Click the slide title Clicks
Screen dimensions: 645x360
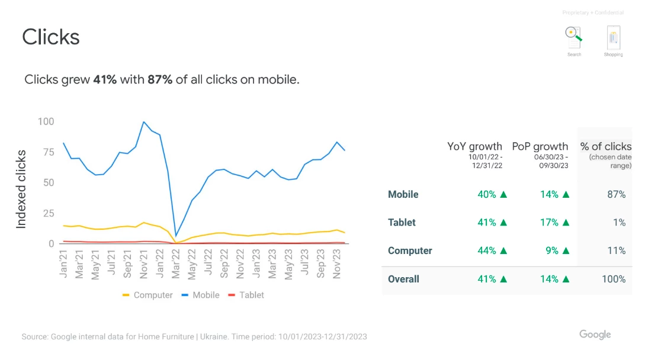[50, 37]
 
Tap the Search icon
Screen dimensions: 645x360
[574, 37]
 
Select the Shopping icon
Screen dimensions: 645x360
[614, 37]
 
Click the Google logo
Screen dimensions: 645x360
[595, 335]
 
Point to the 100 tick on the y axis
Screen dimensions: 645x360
[46, 121]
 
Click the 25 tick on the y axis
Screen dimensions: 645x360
[49, 213]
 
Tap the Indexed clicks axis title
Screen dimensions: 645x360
[21, 189]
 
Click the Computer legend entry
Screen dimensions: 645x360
[147, 295]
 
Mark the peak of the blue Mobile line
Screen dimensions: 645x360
[143, 122]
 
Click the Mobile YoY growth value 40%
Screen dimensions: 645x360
[487, 194]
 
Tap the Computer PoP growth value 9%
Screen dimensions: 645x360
[551, 250]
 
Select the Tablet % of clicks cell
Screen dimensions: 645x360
[619, 223]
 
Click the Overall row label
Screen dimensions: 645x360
[403, 279]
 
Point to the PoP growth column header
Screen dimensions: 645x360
[540, 146]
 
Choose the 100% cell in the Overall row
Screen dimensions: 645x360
[614, 279]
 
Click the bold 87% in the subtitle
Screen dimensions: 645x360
[160, 79]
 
